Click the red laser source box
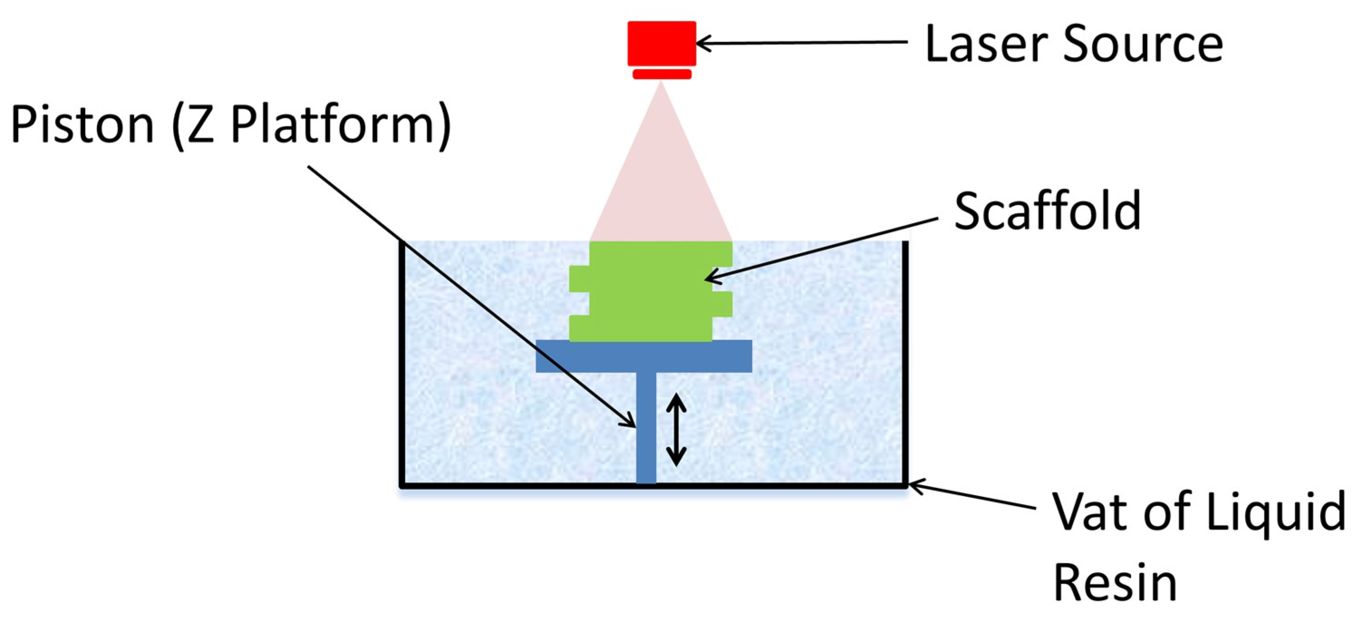(x=661, y=43)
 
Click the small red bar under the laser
(x=661, y=74)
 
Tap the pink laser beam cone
(x=661, y=179)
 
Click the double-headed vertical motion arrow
(x=676, y=430)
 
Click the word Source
(x=1142, y=45)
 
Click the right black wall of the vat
(x=905, y=363)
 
